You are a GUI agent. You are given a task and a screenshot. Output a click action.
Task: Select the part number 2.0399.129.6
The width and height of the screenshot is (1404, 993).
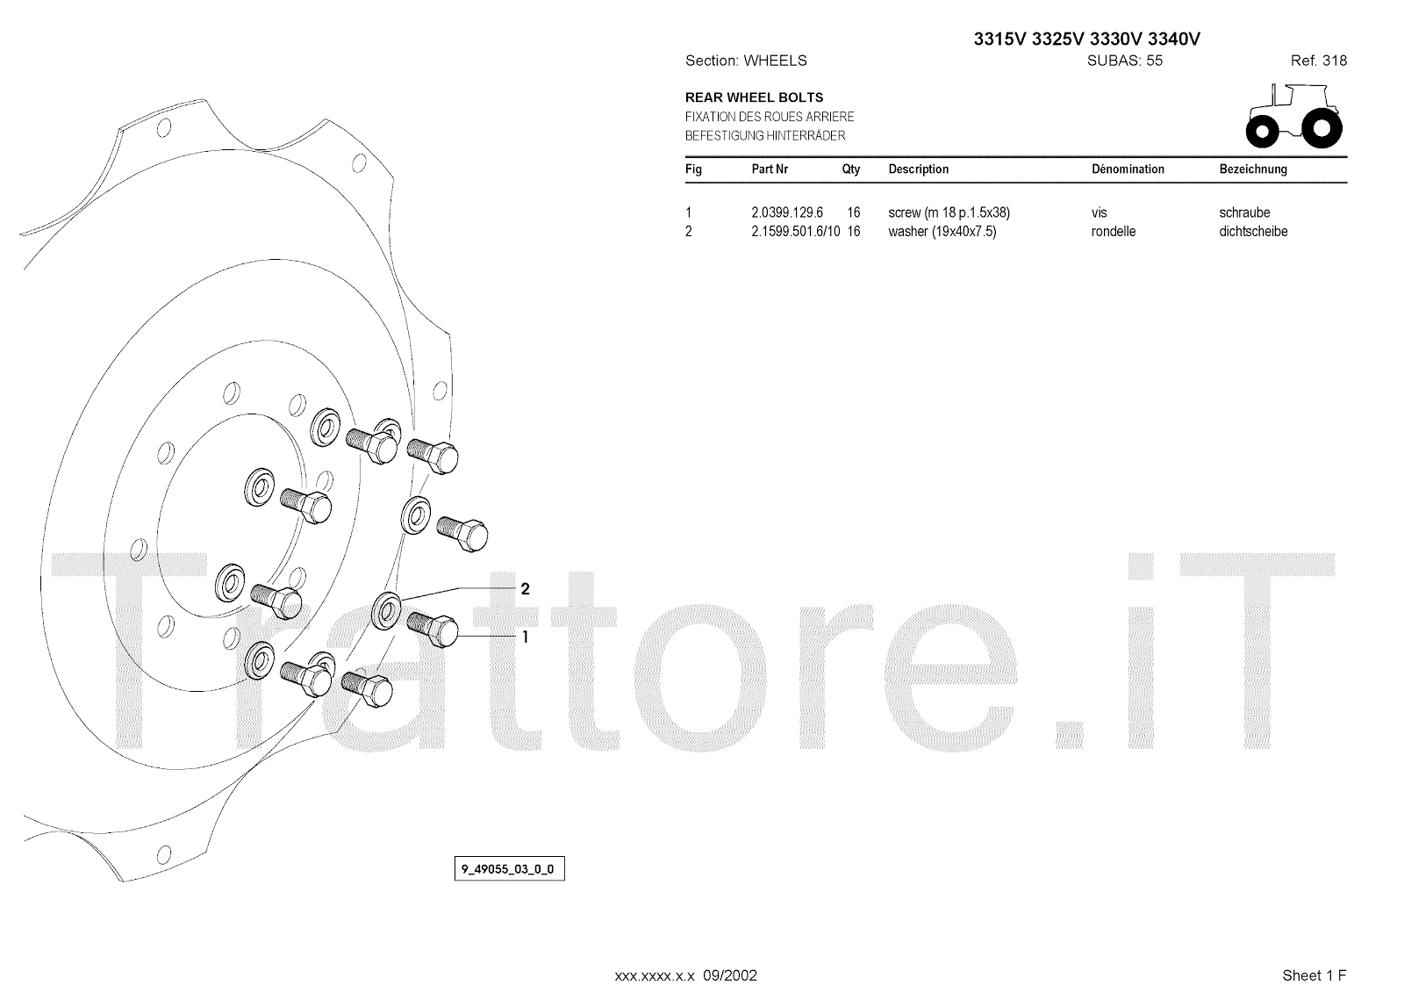787,212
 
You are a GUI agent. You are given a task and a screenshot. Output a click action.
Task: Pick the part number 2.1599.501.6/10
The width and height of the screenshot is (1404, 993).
796,232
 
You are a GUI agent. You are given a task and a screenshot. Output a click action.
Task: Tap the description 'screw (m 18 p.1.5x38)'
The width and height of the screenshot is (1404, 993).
949,212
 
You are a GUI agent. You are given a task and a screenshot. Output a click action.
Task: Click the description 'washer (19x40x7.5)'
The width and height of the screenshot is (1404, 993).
942,232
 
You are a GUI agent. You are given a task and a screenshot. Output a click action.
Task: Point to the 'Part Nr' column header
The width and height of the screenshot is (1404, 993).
770,169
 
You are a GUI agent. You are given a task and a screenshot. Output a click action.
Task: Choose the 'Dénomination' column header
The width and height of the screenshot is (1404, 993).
1127,169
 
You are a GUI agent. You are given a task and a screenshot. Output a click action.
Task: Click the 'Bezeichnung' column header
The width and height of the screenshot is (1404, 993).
1252,169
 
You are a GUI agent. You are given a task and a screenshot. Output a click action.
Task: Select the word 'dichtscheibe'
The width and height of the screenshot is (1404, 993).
1253,232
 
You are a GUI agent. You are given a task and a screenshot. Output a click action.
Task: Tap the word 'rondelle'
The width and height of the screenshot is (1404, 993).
1113,232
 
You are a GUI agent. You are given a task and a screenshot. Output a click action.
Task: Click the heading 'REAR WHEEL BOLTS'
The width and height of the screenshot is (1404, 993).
754,97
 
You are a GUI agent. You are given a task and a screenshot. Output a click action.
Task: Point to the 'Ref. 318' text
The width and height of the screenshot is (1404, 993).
1318,61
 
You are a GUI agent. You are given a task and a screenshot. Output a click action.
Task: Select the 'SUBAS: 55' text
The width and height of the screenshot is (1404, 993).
1124,61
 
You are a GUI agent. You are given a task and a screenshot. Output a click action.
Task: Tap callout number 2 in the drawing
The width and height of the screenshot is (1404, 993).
525,589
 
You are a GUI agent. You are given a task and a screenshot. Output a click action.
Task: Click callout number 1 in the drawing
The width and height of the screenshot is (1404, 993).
525,637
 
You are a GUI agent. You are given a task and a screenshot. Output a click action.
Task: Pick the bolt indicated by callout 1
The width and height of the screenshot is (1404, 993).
433,629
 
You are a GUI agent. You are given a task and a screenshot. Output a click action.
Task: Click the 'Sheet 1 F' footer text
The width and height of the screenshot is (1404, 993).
1314,975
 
